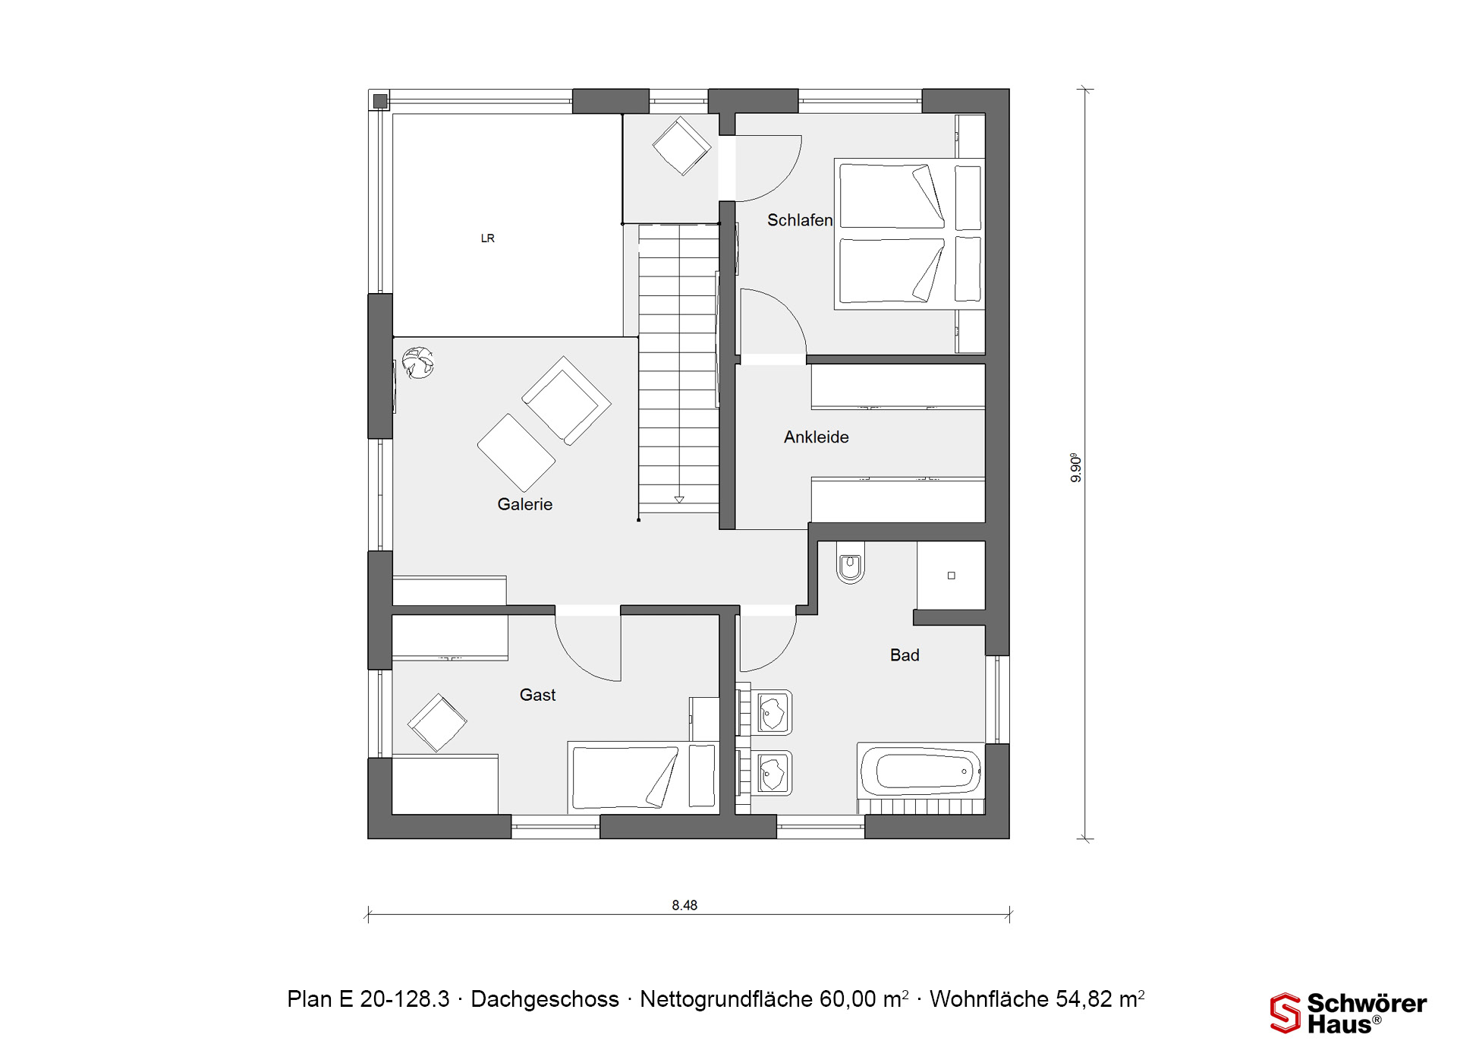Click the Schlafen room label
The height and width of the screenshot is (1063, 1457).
[800, 220]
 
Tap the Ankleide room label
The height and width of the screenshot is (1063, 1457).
[816, 437]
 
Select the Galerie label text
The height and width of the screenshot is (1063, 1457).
[524, 504]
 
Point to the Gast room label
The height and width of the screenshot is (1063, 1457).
[537, 695]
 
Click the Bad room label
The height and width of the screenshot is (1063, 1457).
[905, 655]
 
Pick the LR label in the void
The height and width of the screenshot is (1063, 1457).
[488, 238]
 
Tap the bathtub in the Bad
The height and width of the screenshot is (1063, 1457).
[920, 771]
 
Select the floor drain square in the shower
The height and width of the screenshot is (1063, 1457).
[951, 576]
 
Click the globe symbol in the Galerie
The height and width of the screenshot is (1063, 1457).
[417, 362]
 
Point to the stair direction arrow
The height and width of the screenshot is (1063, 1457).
[679, 499]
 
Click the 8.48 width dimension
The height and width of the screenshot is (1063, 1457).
[684, 905]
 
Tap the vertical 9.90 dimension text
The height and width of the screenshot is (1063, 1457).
[1075, 468]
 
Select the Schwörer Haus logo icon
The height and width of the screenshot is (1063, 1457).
[1285, 1013]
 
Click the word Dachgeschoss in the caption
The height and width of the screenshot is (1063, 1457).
[545, 999]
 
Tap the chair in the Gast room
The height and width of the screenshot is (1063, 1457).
[437, 722]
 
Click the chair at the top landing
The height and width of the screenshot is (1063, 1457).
[681, 146]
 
